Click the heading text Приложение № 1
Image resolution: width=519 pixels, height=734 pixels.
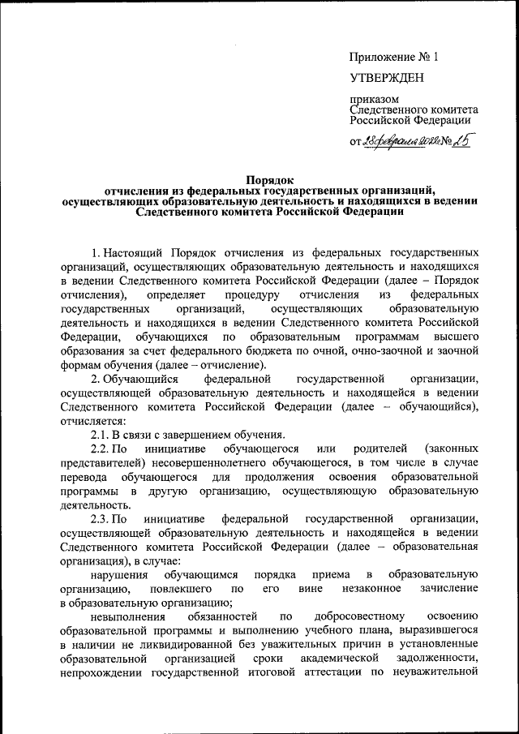[x=393, y=58]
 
